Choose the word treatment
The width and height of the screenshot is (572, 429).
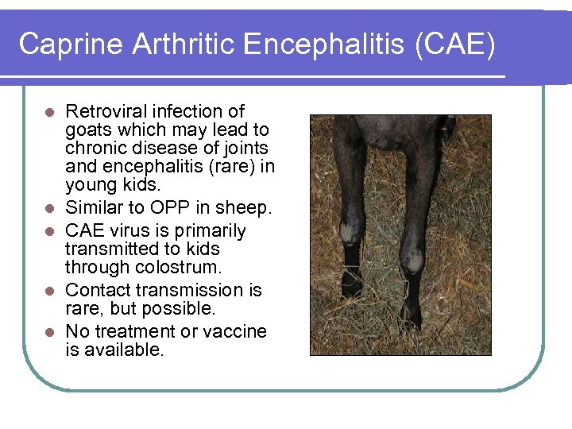click(x=137, y=330)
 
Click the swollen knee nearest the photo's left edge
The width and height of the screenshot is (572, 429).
click(x=350, y=232)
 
